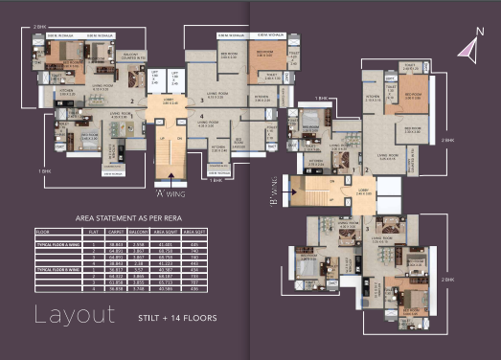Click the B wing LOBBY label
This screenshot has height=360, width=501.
363,189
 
